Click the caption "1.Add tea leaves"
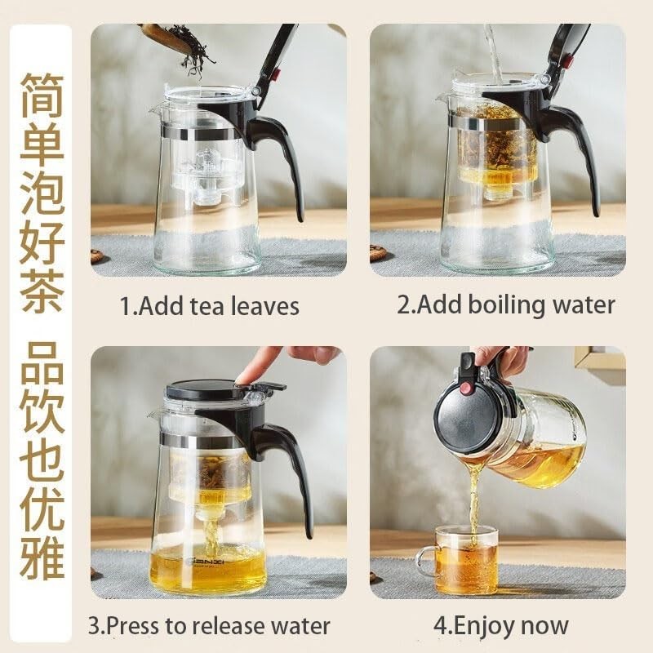coord(210,306)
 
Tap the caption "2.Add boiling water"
coord(506,305)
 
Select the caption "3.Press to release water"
coord(209,626)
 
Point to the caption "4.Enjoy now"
coord(501,626)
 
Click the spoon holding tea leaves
coord(167,37)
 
